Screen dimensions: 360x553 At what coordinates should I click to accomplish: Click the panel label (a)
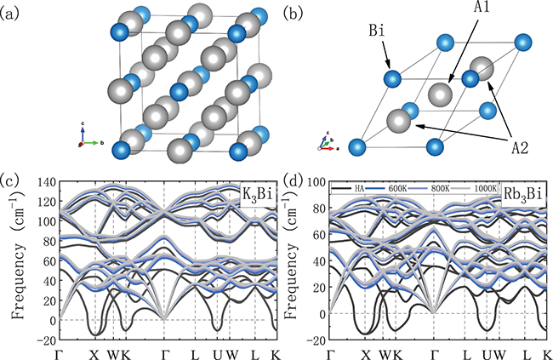14,12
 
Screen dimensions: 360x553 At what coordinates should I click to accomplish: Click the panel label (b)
293,12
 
